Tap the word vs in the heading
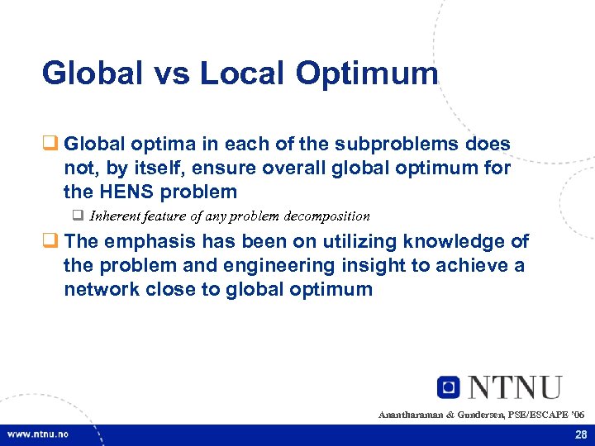(174, 74)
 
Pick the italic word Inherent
(117, 216)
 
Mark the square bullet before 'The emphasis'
(50, 242)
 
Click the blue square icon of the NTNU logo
(448, 387)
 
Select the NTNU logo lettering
(514, 387)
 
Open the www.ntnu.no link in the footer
(38, 434)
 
